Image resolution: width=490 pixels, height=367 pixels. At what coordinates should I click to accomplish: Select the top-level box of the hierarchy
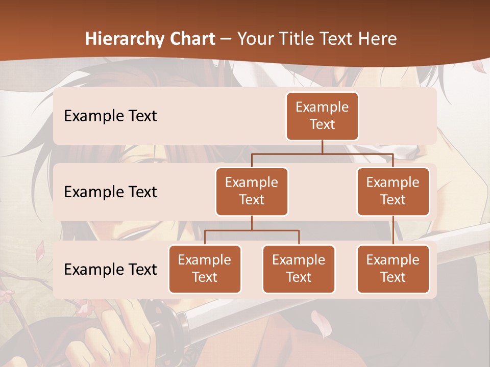[x=322, y=116]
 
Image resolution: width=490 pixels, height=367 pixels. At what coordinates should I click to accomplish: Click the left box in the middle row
[x=252, y=191]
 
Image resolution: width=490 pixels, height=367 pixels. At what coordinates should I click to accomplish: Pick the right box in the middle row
[x=393, y=191]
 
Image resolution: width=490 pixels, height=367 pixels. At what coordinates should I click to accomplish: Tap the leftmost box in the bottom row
[x=205, y=269]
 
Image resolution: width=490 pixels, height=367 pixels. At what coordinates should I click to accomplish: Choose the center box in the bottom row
[x=299, y=269]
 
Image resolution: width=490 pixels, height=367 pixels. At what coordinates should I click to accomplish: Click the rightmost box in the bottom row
[x=393, y=269]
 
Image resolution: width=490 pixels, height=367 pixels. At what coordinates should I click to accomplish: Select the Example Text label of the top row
[x=110, y=116]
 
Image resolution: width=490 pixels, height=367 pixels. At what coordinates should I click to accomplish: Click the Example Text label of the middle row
[x=110, y=192]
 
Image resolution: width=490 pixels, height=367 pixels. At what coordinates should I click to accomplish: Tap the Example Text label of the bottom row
[x=110, y=269]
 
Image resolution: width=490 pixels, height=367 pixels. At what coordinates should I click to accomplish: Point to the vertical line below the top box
[x=322, y=147]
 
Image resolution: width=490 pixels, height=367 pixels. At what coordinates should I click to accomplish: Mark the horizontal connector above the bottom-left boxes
[x=252, y=230]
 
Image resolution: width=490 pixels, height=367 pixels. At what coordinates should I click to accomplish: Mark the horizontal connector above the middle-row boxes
[x=322, y=153]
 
